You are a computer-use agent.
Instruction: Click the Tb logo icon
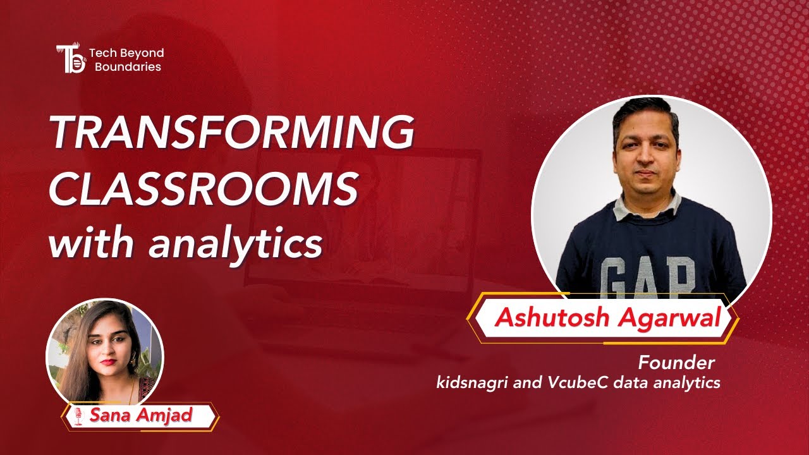71,59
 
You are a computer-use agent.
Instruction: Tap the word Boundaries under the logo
128,67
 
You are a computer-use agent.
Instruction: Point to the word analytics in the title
236,244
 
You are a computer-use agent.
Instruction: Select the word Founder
676,363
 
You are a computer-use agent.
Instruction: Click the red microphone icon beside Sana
78,416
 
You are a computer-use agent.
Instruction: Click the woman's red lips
107,361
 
